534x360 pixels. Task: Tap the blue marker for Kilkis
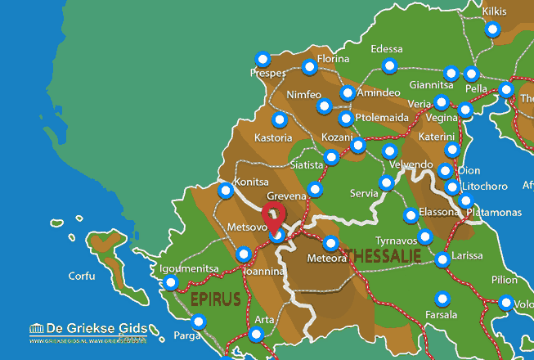[x=492, y=29]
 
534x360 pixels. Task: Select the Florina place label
[x=333, y=59]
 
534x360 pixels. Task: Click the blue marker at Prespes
[x=263, y=59]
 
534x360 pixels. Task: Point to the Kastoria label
[x=273, y=138]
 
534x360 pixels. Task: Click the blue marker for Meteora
[x=330, y=243]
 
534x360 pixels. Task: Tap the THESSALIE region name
[x=384, y=256]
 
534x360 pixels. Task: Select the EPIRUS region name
[x=216, y=299]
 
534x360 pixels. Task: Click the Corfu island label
[x=82, y=276]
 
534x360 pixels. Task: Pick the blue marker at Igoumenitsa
[x=170, y=283]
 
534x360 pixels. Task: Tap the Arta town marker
[x=257, y=333]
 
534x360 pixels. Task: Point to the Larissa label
[x=467, y=255]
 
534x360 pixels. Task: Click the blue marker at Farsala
[x=442, y=297]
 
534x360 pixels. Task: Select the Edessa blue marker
[x=390, y=65]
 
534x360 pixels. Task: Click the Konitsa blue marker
[x=227, y=191]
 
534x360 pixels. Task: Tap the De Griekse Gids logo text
[x=88, y=327]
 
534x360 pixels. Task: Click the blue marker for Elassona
[x=411, y=216]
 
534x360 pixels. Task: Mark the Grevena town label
[x=286, y=196]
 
